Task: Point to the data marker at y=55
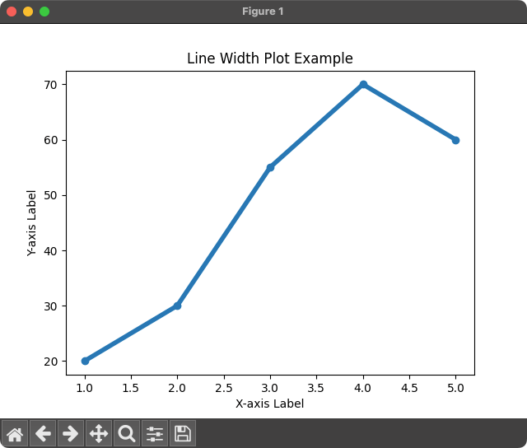[270, 167]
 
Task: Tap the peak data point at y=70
[362, 85]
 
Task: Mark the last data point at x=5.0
[455, 140]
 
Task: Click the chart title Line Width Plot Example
[270, 58]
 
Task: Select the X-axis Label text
[269, 404]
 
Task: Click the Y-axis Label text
[33, 222]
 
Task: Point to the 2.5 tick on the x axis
[223, 387]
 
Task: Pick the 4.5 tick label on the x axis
[408, 387]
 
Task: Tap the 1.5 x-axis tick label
[131, 387]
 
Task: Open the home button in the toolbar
[15, 433]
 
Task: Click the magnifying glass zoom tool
[127, 433]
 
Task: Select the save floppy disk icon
[183, 433]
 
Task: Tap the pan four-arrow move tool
[99, 433]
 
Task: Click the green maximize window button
[44, 12]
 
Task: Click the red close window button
[12, 12]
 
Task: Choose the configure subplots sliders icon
[155, 433]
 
